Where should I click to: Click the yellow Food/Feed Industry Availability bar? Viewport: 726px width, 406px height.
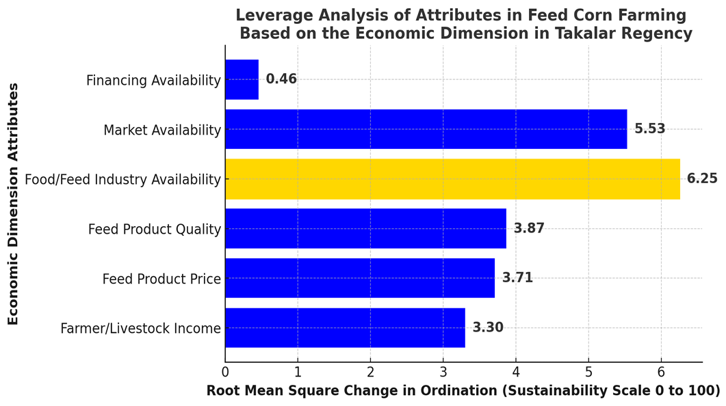[x=453, y=179]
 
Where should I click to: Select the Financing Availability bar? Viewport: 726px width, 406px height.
[x=242, y=79]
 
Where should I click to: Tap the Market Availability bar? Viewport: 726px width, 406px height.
[x=426, y=129]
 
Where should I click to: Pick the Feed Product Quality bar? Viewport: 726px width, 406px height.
[x=366, y=228]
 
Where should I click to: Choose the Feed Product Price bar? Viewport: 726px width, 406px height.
[x=360, y=278]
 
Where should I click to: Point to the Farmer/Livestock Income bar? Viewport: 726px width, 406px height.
[x=346, y=328]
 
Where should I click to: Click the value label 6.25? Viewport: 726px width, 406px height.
[x=702, y=178]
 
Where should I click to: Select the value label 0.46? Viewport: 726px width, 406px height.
[x=281, y=79]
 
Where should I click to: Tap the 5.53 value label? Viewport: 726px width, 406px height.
[x=649, y=128]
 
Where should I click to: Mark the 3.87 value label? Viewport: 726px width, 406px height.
[x=529, y=228]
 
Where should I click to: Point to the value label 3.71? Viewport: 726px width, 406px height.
[x=518, y=278]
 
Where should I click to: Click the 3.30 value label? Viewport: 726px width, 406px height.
[x=488, y=327]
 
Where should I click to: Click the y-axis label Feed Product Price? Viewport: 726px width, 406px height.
[x=161, y=279]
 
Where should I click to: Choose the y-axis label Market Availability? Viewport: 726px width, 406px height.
[x=162, y=130]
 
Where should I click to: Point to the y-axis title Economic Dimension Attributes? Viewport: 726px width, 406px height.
[x=13, y=204]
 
